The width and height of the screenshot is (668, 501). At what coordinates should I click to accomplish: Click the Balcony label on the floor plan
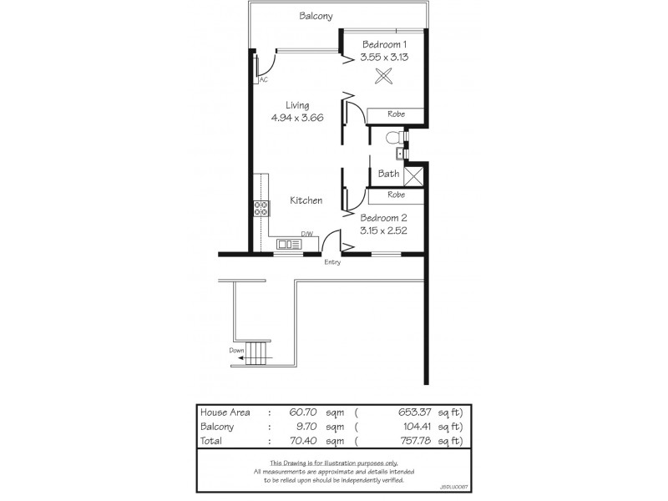(x=316, y=16)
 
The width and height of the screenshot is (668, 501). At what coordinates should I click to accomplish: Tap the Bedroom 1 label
(x=383, y=44)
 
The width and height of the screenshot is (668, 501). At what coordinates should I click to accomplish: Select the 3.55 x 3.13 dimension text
(x=383, y=57)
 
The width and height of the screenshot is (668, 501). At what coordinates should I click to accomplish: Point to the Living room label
(x=297, y=105)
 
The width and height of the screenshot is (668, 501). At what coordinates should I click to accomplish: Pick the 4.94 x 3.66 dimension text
(x=297, y=118)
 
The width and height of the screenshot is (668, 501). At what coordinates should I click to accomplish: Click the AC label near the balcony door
(x=263, y=80)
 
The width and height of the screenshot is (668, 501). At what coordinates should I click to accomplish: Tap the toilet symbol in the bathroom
(x=395, y=138)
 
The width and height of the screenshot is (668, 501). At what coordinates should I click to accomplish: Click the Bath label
(x=388, y=174)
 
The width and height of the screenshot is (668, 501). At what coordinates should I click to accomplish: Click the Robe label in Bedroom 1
(x=397, y=114)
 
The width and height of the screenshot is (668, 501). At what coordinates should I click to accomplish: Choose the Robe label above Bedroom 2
(x=397, y=195)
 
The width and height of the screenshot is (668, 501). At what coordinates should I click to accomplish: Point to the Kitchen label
(x=306, y=200)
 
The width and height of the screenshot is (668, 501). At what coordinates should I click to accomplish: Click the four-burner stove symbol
(x=261, y=209)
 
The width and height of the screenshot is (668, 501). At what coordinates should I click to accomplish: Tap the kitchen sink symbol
(x=289, y=244)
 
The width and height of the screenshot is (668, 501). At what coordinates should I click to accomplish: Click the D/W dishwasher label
(x=306, y=235)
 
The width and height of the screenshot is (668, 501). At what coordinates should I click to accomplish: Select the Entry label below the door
(x=332, y=262)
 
